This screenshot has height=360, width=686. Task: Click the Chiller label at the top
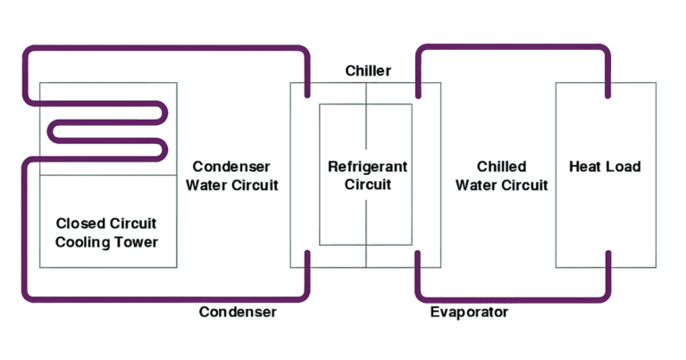point(368,71)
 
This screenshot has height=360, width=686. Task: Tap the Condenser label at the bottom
point(238,312)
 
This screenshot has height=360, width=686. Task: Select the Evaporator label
point(469,312)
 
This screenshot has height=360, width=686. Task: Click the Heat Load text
point(605,167)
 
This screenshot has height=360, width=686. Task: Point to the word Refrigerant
point(367,167)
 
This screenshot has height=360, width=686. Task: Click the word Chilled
point(501,167)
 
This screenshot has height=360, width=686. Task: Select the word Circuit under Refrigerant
point(367,186)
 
